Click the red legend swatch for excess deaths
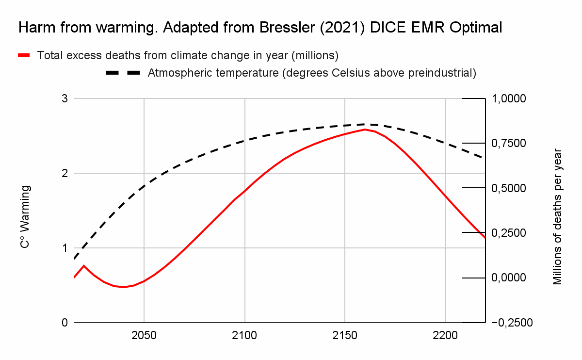(x=24, y=55)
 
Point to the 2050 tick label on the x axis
(x=144, y=336)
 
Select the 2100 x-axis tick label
(x=244, y=336)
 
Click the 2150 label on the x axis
(x=344, y=336)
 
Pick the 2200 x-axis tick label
(x=445, y=336)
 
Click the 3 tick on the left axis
(x=64, y=99)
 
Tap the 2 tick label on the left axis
(x=64, y=173)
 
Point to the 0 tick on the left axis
(x=64, y=323)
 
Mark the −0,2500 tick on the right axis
(x=512, y=323)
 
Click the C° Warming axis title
(x=25, y=216)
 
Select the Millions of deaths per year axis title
(x=557, y=216)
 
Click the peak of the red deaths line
(x=365, y=129)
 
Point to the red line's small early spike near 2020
(x=84, y=265)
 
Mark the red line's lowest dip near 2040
(x=124, y=287)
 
